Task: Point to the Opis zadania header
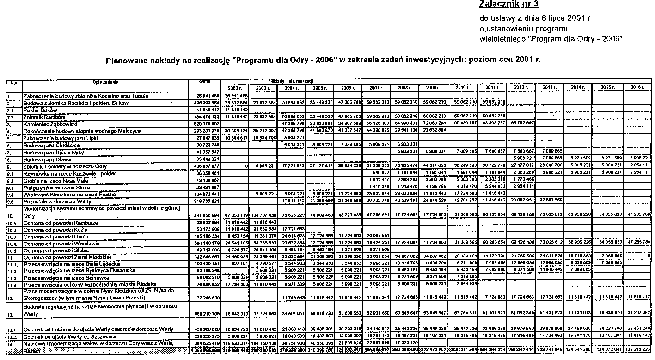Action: click(x=105, y=82)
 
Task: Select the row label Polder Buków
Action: click(x=40, y=110)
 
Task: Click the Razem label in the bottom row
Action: click(x=32, y=352)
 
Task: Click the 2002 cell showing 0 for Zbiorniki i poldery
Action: click(x=245, y=166)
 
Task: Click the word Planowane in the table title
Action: click(x=129, y=60)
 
